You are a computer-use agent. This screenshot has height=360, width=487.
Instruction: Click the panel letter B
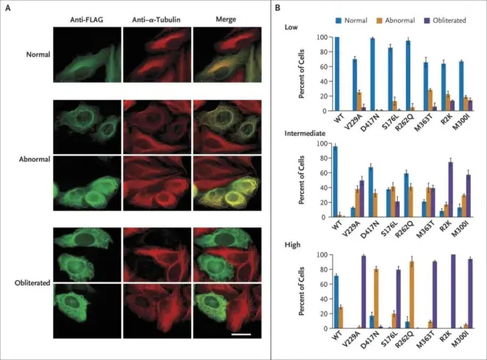pyautogui.click(x=277, y=7)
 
